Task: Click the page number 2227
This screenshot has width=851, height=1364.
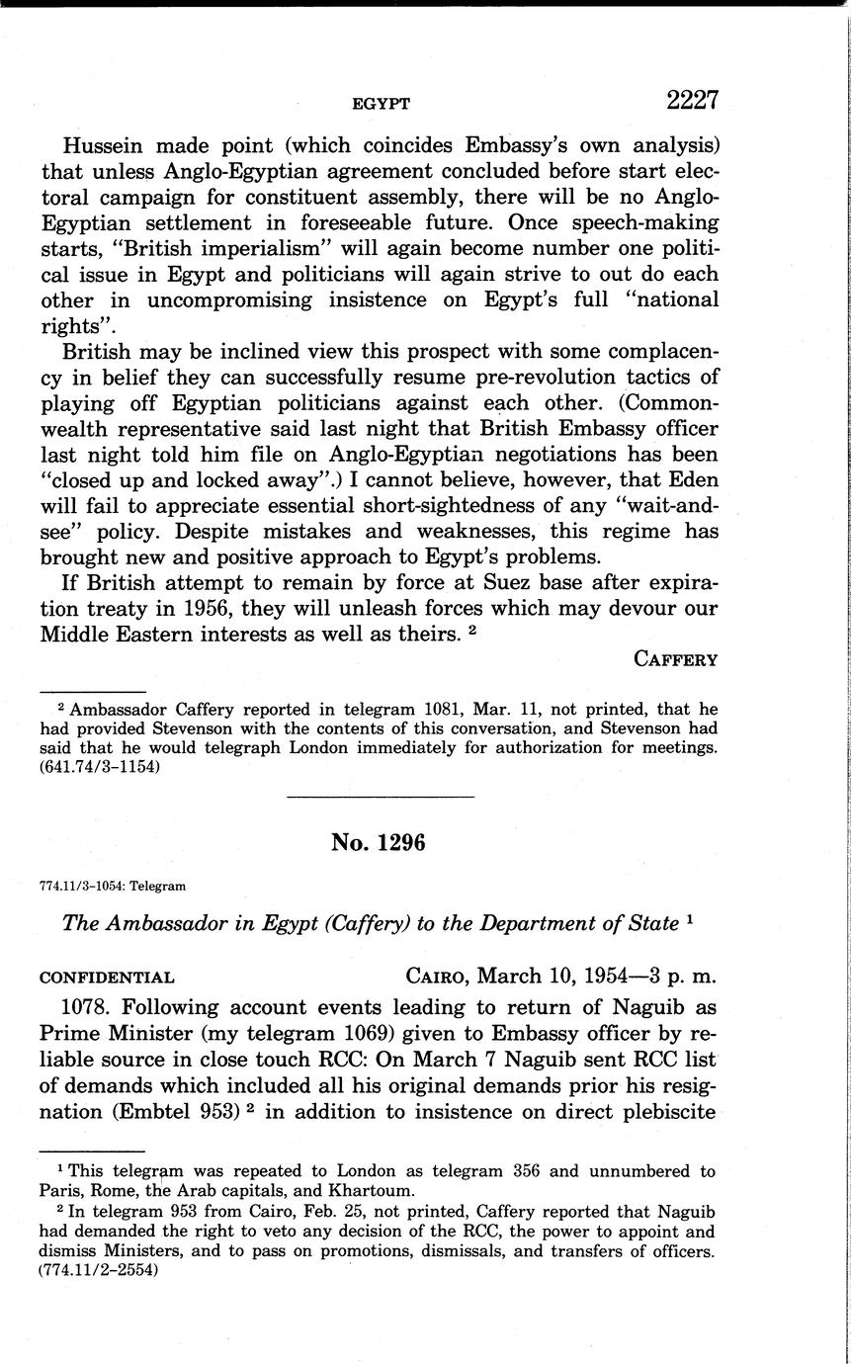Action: [x=691, y=101]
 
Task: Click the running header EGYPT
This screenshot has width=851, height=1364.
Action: [x=381, y=103]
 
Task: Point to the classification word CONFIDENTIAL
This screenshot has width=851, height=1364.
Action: [x=107, y=978]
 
